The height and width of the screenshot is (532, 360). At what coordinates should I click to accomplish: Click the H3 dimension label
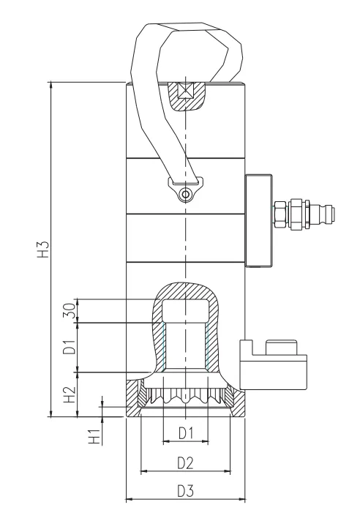pyautogui.click(x=44, y=249)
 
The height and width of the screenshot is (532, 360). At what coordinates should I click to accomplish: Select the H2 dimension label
pyautogui.click(x=70, y=394)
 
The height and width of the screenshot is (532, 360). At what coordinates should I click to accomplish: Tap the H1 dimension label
pyautogui.click(x=94, y=437)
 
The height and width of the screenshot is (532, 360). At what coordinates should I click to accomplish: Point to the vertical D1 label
pyautogui.click(x=70, y=347)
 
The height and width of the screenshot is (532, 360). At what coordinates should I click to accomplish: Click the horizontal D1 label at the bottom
pyautogui.click(x=186, y=433)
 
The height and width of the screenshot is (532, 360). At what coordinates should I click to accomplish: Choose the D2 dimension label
pyautogui.click(x=185, y=462)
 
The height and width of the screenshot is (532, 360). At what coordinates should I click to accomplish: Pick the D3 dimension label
pyautogui.click(x=185, y=491)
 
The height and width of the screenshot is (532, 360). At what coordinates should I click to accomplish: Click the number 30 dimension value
pyautogui.click(x=70, y=310)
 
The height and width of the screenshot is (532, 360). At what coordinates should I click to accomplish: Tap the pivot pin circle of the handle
pyautogui.click(x=185, y=195)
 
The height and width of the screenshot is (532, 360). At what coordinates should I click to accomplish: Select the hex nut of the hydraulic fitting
pyautogui.click(x=280, y=213)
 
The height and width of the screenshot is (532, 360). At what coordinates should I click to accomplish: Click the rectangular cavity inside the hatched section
pyautogui.click(x=185, y=310)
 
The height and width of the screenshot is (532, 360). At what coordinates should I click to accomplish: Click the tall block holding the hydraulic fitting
pyautogui.click(x=258, y=221)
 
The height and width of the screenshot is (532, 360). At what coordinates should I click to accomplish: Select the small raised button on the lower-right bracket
pyautogui.click(x=281, y=347)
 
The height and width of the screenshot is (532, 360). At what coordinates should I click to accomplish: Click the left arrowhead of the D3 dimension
pyautogui.click(x=129, y=499)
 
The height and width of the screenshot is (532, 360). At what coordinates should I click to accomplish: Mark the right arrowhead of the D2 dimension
pyautogui.click(x=228, y=471)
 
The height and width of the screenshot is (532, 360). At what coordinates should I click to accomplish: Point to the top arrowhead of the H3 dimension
pyautogui.click(x=51, y=85)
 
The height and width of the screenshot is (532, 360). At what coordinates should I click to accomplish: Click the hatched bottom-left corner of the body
pyautogui.click(x=133, y=399)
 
